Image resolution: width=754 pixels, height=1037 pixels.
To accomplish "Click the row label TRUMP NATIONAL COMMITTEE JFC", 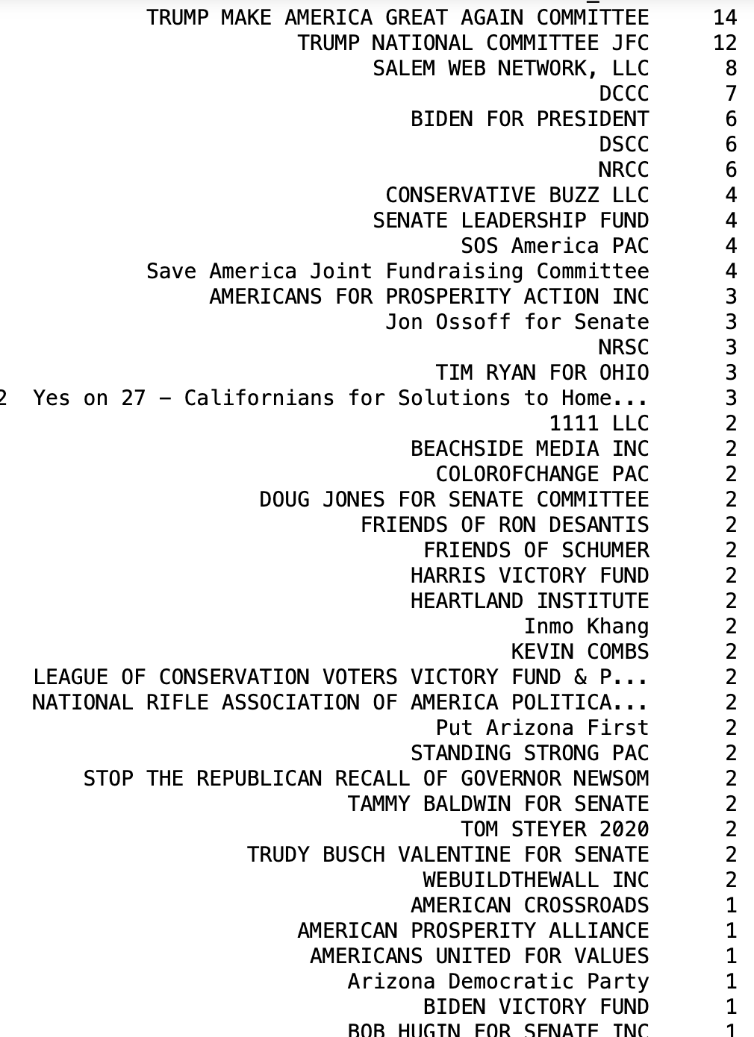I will [473, 43].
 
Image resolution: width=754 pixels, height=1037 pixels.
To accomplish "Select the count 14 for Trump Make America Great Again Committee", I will [724, 17].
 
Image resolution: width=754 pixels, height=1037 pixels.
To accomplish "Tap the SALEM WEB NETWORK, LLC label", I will [511, 68].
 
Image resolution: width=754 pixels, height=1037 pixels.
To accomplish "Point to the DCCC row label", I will [623, 93].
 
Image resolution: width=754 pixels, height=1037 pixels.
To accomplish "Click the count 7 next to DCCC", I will [731, 93].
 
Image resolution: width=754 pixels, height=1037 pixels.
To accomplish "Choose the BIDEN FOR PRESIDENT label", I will [529, 119].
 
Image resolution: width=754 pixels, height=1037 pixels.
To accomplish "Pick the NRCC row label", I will [623, 169].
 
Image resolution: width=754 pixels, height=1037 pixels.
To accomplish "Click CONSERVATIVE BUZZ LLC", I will [517, 195].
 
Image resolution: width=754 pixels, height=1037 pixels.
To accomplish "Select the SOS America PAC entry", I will [555, 245].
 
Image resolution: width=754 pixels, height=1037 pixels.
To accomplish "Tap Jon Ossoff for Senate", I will [517, 322].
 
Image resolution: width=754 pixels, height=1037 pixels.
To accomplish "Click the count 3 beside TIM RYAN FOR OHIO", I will [731, 372].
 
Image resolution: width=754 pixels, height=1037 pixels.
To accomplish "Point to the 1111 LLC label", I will [599, 423].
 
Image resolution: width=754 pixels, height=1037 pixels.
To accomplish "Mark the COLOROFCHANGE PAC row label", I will [542, 474].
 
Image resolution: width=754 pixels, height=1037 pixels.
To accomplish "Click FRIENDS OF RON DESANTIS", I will [505, 524].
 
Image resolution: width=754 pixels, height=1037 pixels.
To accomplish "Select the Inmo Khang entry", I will [586, 626].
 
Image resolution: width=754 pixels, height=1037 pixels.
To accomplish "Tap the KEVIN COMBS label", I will [580, 651].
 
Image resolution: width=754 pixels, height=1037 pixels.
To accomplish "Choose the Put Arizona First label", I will [542, 727].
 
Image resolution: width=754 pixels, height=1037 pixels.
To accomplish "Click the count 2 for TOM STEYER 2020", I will [731, 829].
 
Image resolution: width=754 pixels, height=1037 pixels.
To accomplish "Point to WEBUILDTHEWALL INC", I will [536, 880].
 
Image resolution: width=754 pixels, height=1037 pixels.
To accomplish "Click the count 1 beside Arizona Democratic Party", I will [731, 981].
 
